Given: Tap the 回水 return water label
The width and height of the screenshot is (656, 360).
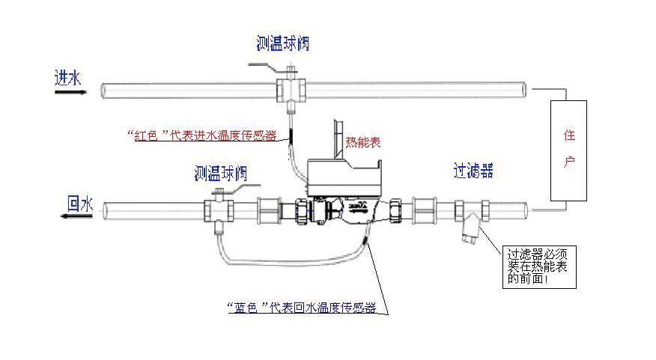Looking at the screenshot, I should tap(79, 202).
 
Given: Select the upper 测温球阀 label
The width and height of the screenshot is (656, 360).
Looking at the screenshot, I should tap(282, 44).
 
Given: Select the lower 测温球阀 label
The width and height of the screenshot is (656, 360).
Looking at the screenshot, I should tap(220, 175).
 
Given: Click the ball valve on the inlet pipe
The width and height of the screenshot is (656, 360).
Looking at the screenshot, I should tap(289, 88).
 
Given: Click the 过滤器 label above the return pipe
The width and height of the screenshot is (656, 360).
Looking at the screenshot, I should tap(473, 171).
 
